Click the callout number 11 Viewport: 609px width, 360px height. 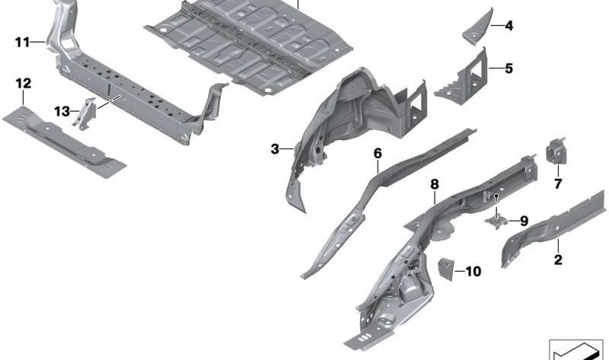[x=21, y=43]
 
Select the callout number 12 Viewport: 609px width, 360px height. [x=22, y=82]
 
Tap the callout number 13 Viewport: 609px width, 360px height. [x=62, y=111]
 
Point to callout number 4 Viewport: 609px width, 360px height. [x=508, y=27]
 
